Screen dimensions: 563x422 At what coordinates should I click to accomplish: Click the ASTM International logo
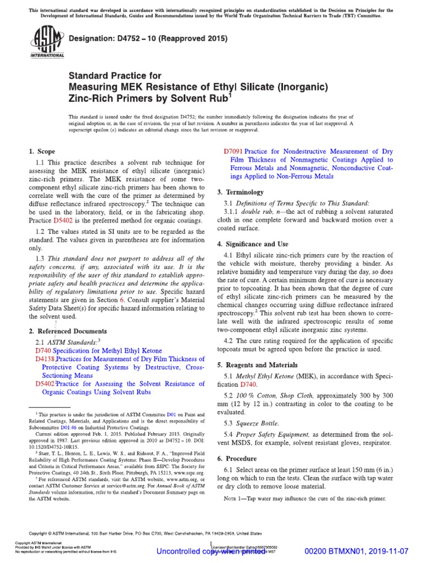tap(37, 45)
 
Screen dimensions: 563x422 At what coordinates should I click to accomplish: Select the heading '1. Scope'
tap(41, 151)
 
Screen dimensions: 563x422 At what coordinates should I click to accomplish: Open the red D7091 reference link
tap(233, 151)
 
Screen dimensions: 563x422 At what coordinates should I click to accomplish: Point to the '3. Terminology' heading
tap(240, 192)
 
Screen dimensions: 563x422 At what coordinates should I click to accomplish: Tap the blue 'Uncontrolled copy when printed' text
tap(211, 551)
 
